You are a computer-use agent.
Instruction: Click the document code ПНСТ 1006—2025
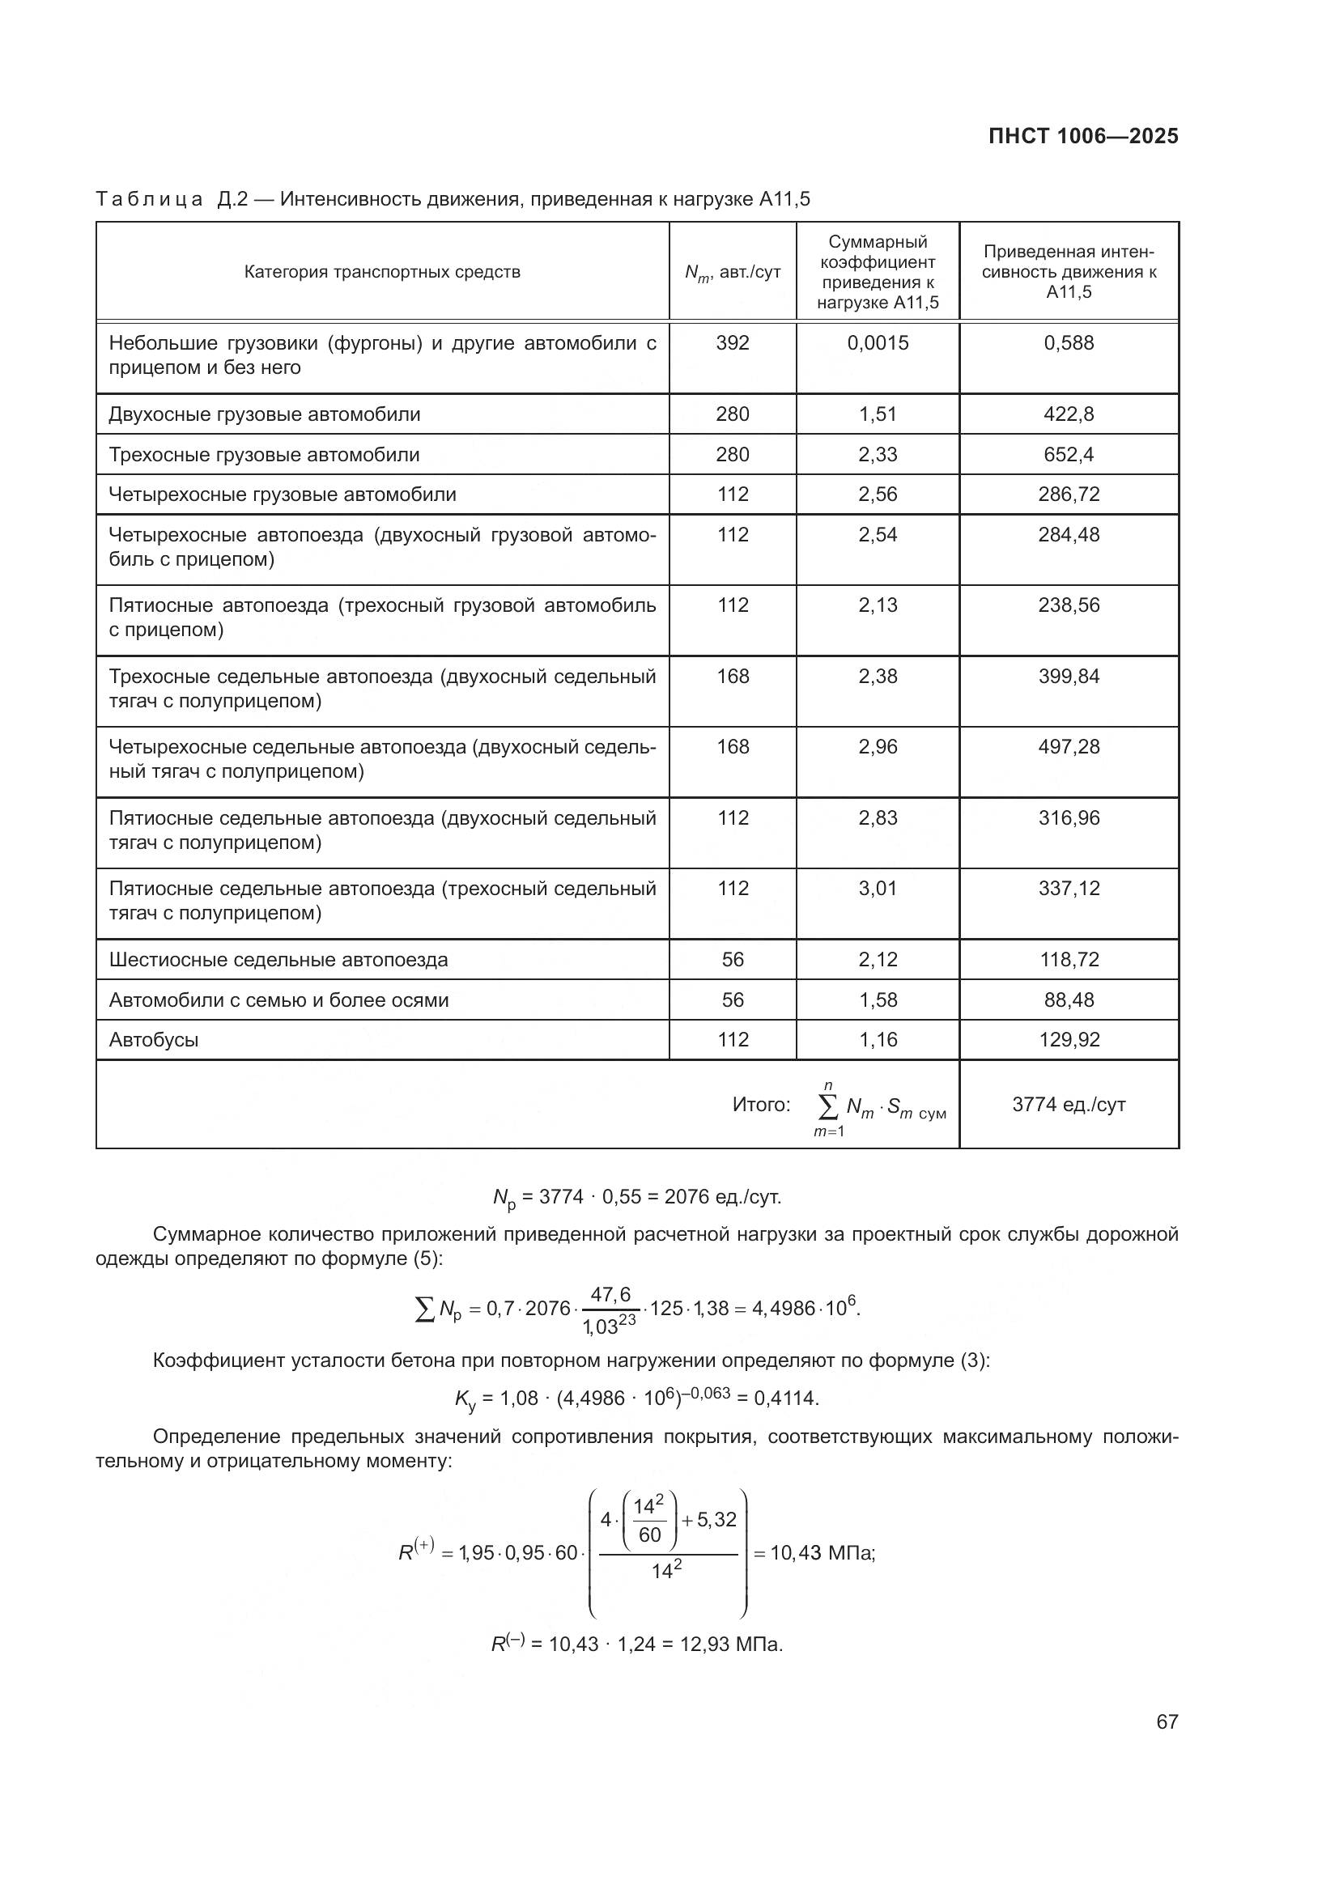pyautogui.click(x=1082, y=136)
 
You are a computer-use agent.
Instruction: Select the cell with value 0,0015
pyautogui.click(x=878, y=343)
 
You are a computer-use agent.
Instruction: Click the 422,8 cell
pyautogui.click(x=1069, y=414)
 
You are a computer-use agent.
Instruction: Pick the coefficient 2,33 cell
pyautogui.click(x=878, y=454)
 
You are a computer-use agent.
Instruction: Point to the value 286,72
pyautogui.click(x=1069, y=494)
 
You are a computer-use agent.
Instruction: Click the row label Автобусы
pyautogui.click(x=154, y=1040)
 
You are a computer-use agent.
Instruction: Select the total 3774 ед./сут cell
pyautogui.click(x=1069, y=1104)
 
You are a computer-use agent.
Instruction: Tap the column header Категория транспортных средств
pyautogui.click(x=382, y=272)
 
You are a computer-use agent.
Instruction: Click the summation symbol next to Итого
pyautogui.click(x=829, y=1105)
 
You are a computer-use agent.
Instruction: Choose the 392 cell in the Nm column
pyautogui.click(x=732, y=343)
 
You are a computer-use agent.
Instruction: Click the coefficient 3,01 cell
pyautogui.click(x=878, y=888)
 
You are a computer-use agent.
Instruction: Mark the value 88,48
pyautogui.click(x=1069, y=1000)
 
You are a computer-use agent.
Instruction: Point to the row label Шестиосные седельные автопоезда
pyautogui.click(x=278, y=960)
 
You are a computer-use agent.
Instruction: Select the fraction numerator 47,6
pyautogui.click(x=611, y=1294)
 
